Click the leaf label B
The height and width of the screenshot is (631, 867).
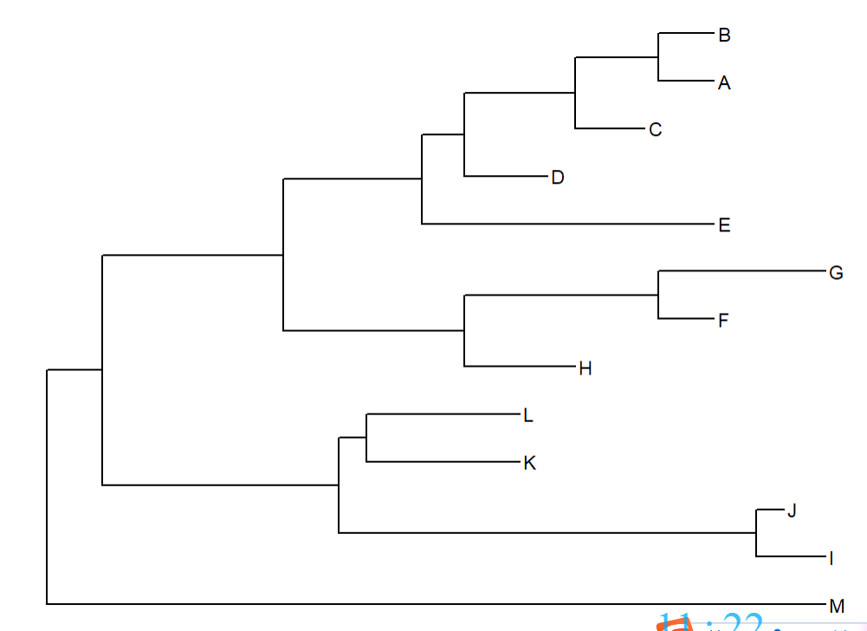[724, 36]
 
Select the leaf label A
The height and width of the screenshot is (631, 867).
[724, 83]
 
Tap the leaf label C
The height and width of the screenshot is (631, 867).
[655, 130]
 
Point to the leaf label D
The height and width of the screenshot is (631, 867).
[558, 178]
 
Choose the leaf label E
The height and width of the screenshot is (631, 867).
[724, 225]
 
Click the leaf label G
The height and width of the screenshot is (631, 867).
[836, 273]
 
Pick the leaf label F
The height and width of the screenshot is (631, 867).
[723, 321]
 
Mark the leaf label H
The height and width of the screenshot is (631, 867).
[585, 368]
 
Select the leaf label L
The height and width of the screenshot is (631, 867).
[528, 416]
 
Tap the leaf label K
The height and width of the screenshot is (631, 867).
[530, 463]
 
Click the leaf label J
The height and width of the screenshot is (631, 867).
[791, 511]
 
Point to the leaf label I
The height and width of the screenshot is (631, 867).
[831, 558]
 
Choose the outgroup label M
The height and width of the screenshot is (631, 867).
[836, 605]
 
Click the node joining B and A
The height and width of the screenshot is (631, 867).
[659, 57]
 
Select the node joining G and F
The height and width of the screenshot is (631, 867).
[658, 296]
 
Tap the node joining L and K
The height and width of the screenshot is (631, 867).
[366, 438]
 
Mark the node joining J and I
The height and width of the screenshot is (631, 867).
[757, 532]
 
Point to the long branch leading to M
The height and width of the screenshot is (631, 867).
[433, 603]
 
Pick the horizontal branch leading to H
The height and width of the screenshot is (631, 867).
[520, 367]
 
